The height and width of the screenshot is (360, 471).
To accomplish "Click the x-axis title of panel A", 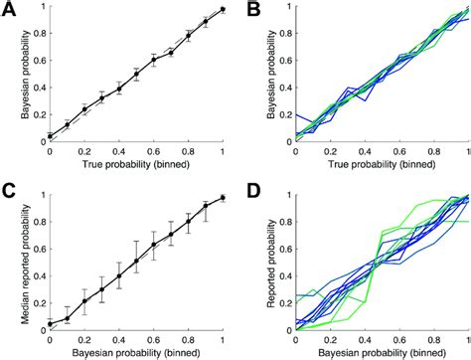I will click(x=136, y=167).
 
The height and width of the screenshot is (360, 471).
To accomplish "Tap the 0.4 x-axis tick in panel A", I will click(x=118, y=154).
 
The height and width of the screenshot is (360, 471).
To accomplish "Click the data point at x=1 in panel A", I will click(x=223, y=9).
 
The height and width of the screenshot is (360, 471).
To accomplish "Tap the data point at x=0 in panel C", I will click(x=49, y=324).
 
